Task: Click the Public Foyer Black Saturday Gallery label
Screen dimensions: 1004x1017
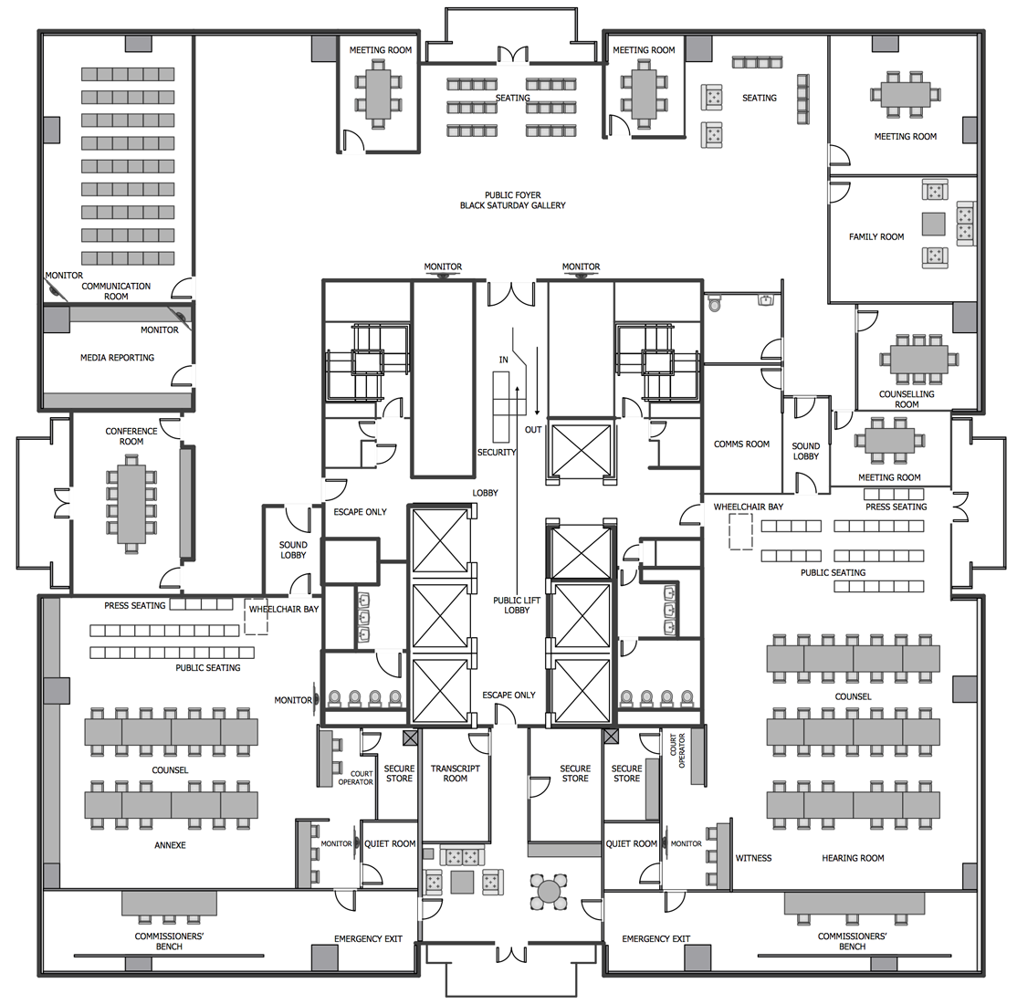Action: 512,200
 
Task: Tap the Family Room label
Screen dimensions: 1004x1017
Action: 876,236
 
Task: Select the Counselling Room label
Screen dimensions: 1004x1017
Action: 906,399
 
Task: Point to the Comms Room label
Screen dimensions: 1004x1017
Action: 741,444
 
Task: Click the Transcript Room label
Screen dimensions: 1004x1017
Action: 455,773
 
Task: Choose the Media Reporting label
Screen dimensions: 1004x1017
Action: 117,358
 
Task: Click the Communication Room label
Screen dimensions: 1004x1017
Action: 116,291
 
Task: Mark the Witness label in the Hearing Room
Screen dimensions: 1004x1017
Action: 753,858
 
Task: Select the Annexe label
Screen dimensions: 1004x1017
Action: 170,845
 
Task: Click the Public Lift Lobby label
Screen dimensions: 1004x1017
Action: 517,605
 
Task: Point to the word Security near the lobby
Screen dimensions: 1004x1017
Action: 497,453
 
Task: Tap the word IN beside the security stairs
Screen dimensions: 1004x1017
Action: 503,361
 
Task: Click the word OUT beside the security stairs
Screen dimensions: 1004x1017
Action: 533,430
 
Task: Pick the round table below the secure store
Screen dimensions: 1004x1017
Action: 550,889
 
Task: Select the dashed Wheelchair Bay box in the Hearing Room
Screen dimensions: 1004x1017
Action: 740,531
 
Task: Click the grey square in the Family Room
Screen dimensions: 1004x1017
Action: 933,225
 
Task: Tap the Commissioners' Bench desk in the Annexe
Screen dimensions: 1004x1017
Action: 169,903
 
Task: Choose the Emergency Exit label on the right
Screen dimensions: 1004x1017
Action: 655,939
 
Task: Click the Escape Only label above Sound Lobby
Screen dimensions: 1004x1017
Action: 360,512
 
